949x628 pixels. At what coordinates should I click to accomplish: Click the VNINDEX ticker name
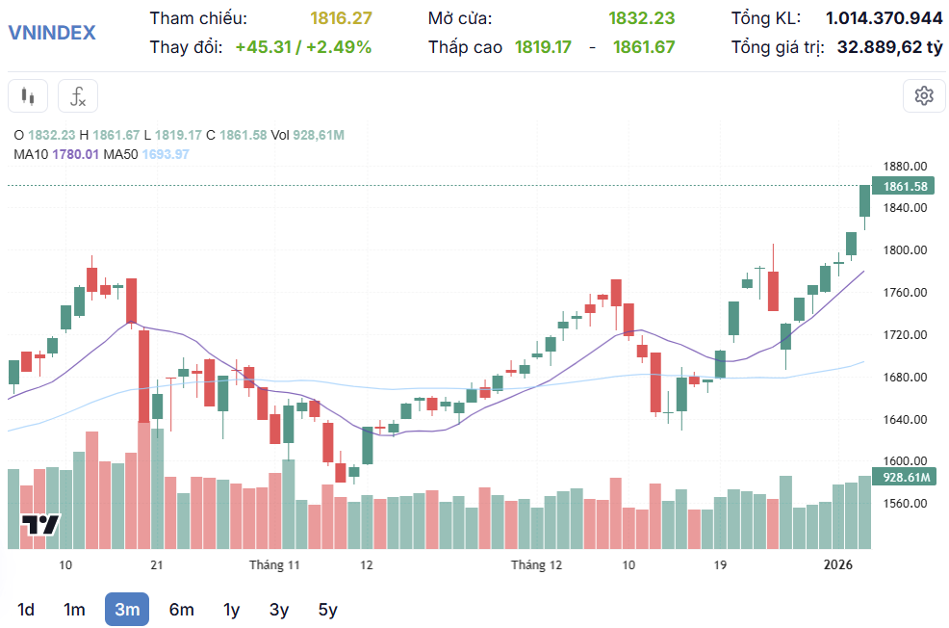52,33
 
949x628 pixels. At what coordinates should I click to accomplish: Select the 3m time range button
127,609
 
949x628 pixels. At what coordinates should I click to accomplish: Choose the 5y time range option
328,609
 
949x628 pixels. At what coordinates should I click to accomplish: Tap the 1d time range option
26,609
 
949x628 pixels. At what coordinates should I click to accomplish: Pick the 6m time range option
181,609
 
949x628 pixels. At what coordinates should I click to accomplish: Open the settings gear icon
924,95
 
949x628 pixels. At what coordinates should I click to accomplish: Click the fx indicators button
78,96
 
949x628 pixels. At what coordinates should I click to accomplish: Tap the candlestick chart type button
28,96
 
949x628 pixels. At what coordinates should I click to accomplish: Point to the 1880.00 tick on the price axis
905,166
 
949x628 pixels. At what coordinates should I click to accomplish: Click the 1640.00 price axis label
905,420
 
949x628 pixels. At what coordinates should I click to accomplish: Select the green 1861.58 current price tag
904,186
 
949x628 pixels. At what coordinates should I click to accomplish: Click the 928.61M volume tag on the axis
904,478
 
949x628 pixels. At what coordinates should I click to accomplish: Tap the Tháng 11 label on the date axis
275,564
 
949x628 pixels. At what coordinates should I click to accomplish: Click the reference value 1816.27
341,18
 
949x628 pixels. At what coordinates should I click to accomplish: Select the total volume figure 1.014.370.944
884,18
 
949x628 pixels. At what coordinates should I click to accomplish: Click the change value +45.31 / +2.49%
303,46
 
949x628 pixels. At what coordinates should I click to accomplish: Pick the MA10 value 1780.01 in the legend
76,154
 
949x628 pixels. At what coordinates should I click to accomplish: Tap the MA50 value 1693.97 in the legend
166,154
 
